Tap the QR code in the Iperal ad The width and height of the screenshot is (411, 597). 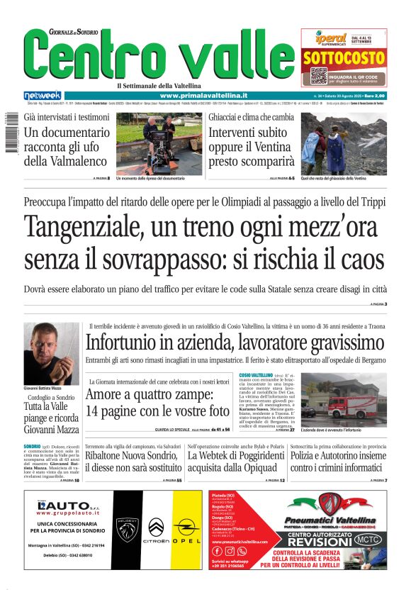(318, 76)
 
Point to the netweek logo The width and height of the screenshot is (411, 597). (43, 95)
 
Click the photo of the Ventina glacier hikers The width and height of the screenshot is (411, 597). (344, 143)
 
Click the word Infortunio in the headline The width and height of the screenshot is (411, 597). (130, 343)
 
